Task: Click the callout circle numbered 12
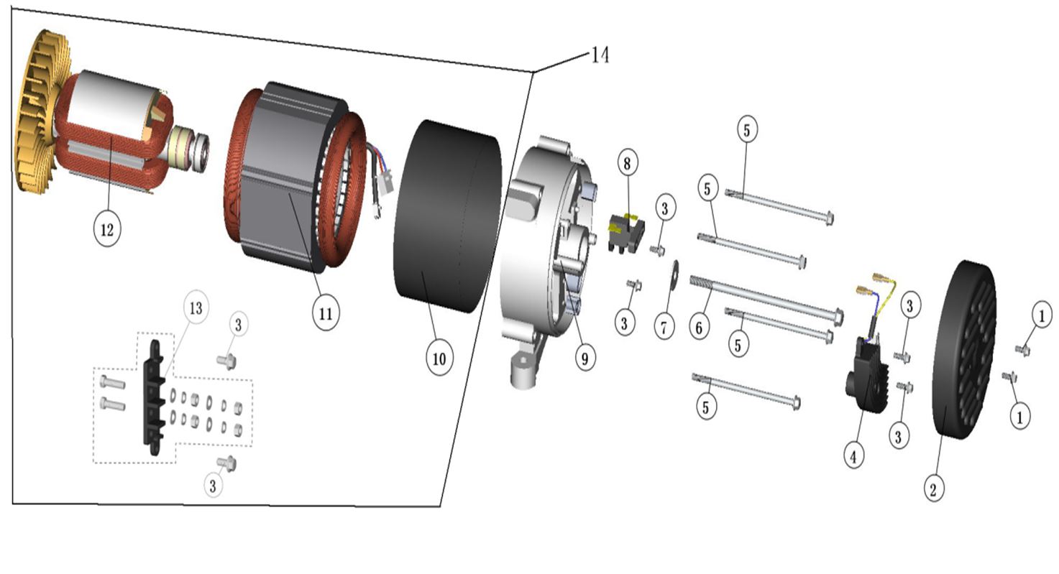click(107, 229)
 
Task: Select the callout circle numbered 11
click(325, 313)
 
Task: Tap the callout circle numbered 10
click(439, 358)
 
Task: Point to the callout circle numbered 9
click(584, 356)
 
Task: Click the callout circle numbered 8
click(627, 163)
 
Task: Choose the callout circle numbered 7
click(664, 327)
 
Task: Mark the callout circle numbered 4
click(853, 454)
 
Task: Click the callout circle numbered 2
click(933, 489)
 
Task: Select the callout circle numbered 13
click(195, 308)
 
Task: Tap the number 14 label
click(600, 55)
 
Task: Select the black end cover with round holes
click(966, 350)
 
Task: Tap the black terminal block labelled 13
click(154, 397)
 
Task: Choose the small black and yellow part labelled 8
click(625, 231)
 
